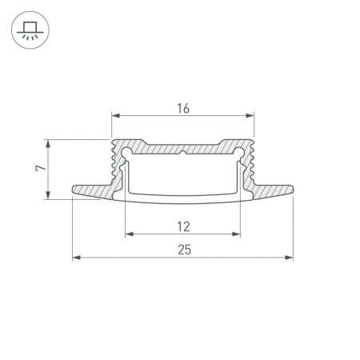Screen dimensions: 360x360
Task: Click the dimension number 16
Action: click(183, 109)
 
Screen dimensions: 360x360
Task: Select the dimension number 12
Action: click(183, 226)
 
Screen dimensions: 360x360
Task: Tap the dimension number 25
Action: click(185, 250)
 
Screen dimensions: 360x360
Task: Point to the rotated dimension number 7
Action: click(41, 168)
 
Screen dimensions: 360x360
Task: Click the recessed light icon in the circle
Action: click(30, 30)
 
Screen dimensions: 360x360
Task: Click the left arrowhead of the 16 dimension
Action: click(116, 115)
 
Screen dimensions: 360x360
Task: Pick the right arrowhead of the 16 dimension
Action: click(250, 115)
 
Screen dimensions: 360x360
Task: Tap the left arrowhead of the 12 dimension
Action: click(130, 234)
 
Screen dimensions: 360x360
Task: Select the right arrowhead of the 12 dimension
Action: click(236, 234)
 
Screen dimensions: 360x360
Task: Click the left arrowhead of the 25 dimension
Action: click(77, 258)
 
